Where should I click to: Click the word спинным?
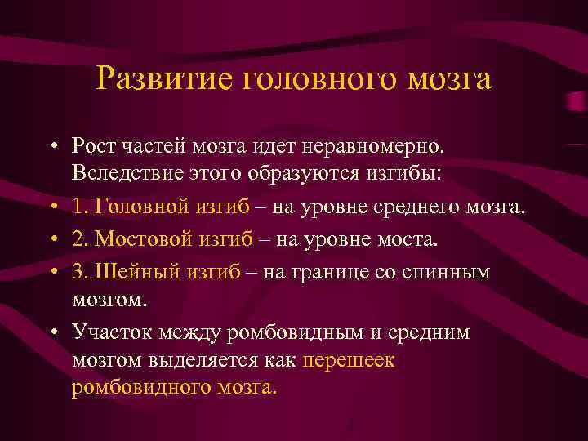(449, 272)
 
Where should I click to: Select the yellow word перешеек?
(349, 359)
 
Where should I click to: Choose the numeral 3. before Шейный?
(79, 272)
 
